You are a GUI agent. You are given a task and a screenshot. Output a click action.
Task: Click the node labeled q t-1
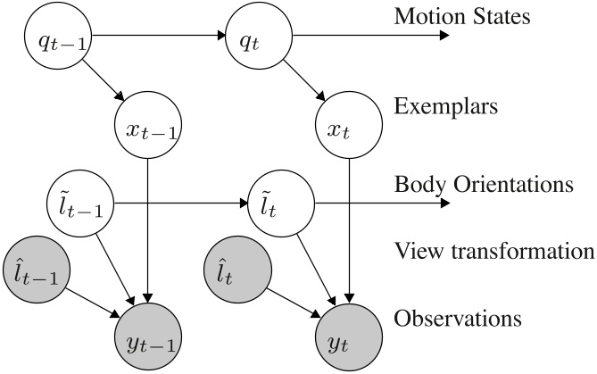(55, 37)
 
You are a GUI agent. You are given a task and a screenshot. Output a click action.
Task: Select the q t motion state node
(259, 37)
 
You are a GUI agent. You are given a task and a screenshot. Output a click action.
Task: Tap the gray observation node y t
(349, 337)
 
